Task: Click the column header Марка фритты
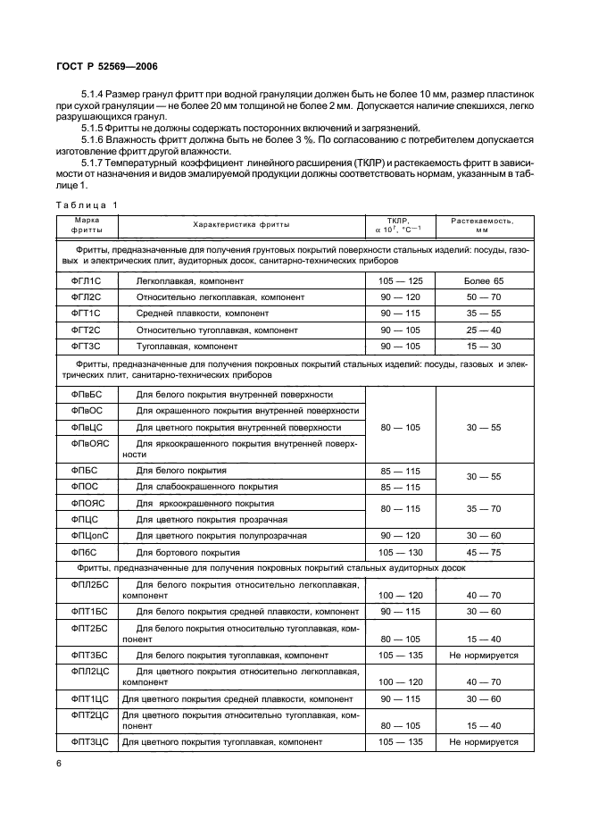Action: (86, 223)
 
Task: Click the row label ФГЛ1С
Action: (86, 280)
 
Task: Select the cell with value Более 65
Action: (484, 280)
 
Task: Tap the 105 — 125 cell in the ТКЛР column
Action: (399, 280)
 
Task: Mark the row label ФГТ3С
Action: (86, 345)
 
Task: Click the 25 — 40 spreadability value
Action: (484, 329)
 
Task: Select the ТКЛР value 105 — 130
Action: (399, 552)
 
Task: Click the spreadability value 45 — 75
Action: (484, 552)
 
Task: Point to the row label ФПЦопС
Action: (88, 535)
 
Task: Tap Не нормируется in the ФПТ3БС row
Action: (484, 656)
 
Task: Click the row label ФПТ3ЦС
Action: (88, 741)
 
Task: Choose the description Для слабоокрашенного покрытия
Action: (206, 487)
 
